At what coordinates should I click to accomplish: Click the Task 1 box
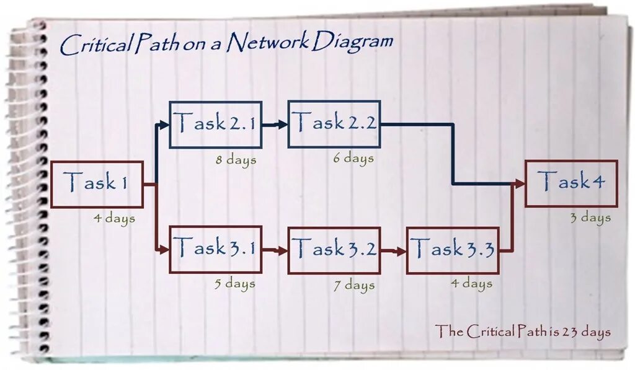97,184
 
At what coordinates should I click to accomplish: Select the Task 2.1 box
215,125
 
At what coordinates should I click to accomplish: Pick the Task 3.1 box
215,250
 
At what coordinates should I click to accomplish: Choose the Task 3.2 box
334,250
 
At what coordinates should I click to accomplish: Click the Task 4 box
571,183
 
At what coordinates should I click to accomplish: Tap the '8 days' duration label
236,159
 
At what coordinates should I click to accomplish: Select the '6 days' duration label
353,158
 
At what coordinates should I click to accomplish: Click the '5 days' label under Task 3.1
235,284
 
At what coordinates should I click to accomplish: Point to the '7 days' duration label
353,285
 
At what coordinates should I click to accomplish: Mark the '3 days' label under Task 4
590,218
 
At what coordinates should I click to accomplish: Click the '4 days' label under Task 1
114,218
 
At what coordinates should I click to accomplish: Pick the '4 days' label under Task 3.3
471,284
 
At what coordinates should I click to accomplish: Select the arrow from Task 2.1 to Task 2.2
275,125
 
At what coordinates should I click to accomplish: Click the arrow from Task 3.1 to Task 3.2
275,251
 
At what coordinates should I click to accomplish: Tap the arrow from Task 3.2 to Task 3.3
393,251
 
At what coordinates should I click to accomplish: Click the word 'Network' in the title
267,43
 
